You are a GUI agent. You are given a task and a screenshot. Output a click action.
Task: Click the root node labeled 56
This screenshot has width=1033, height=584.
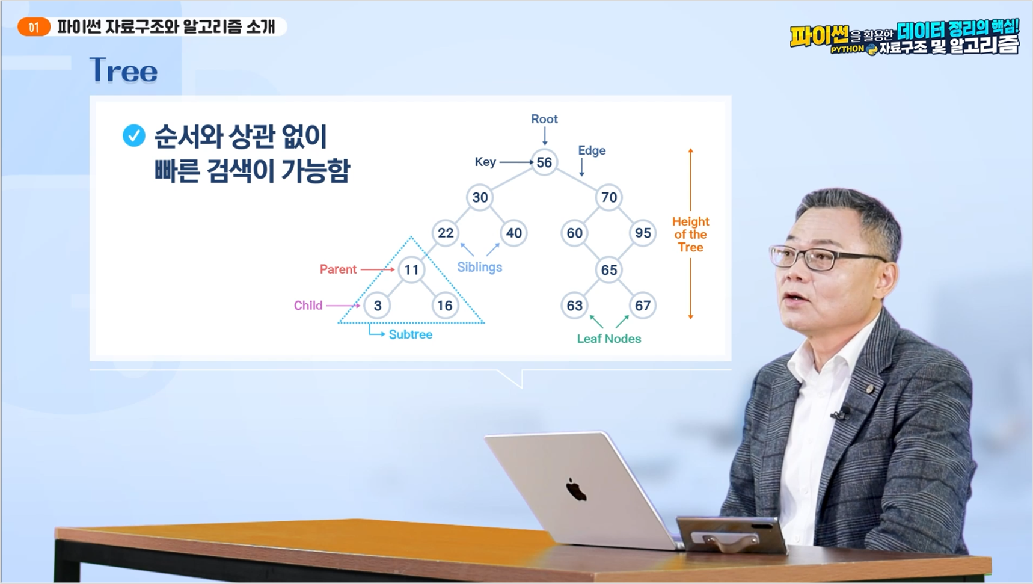pyautogui.click(x=544, y=162)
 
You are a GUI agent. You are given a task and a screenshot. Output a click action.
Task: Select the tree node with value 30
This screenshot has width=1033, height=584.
pyautogui.click(x=480, y=197)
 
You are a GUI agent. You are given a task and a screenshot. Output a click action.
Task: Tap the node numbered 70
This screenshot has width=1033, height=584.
pyautogui.click(x=609, y=197)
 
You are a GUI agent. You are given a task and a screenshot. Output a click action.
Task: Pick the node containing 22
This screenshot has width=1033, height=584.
pyautogui.click(x=446, y=233)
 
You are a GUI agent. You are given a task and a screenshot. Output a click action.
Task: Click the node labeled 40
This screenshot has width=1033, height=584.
pyautogui.click(x=514, y=233)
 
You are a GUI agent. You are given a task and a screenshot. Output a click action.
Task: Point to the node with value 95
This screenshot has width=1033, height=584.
pyautogui.click(x=643, y=233)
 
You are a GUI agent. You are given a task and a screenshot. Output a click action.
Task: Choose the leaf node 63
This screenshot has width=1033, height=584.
pyautogui.click(x=575, y=306)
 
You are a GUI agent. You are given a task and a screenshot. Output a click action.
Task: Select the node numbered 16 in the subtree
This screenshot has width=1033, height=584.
pyautogui.click(x=445, y=306)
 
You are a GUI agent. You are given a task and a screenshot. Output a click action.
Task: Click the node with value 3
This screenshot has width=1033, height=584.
pyautogui.click(x=378, y=306)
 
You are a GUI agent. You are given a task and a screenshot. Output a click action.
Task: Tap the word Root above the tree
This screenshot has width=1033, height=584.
pyautogui.click(x=544, y=119)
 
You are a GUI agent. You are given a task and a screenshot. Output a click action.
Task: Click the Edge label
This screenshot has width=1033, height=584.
pyautogui.click(x=592, y=150)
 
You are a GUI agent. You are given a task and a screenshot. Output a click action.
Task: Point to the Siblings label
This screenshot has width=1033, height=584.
pyautogui.click(x=479, y=267)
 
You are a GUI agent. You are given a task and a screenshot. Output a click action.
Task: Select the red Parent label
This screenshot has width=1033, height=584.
pyautogui.click(x=338, y=269)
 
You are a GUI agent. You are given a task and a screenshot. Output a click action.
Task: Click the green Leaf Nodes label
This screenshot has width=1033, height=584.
pyautogui.click(x=609, y=339)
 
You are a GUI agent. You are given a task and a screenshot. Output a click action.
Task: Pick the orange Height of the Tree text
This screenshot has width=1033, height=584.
pyautogui.click(x=690, y=235)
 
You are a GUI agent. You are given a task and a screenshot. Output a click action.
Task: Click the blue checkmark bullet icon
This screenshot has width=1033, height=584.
pyautogui.click(x=134, y=135)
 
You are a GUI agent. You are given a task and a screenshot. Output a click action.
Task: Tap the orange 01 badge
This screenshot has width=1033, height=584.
pyautogui.click(x=34, y=27)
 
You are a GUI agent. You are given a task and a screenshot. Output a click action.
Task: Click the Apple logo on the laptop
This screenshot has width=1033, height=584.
pyautogui.click(x=576, y=490)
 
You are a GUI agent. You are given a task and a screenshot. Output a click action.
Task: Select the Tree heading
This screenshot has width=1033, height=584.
pyautogui.click(x=123, y=70)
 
